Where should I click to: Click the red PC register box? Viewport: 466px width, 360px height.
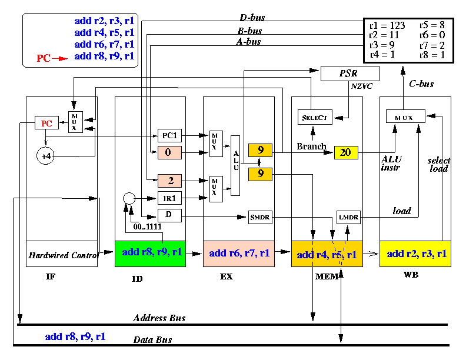pos(46,123)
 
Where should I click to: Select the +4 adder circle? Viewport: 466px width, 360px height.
pos(45,156)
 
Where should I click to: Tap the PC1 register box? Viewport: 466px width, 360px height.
pos(169,135)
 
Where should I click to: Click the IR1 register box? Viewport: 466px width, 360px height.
pos(169,198)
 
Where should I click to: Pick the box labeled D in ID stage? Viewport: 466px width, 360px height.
pos(169,215)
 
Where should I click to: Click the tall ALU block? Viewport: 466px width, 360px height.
pos(235,165)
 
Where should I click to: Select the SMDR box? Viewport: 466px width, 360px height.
pos(260,217)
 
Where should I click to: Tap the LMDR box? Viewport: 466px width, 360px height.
pos(348,217)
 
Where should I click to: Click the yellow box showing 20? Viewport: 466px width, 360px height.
pos(346,152)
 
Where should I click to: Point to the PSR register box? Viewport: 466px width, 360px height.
pos(350,74)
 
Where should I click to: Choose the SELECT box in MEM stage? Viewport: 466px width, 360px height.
pos(315,117)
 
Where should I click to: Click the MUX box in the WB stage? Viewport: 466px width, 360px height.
pos(405,116)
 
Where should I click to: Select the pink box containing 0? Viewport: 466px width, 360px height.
pos(169,153)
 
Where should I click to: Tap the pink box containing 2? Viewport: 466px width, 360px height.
pos(169,181)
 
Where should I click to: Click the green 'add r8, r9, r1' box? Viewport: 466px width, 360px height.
pos(151,254)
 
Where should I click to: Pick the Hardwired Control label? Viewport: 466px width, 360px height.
pos(64,255)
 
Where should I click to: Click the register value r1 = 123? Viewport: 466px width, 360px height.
pos(387,25)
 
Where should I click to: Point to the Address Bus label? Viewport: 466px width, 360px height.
pos(159,318)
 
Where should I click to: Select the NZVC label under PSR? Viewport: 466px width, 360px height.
pos(362,86)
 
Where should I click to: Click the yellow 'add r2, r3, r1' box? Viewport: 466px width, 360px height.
pos(415,254)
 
